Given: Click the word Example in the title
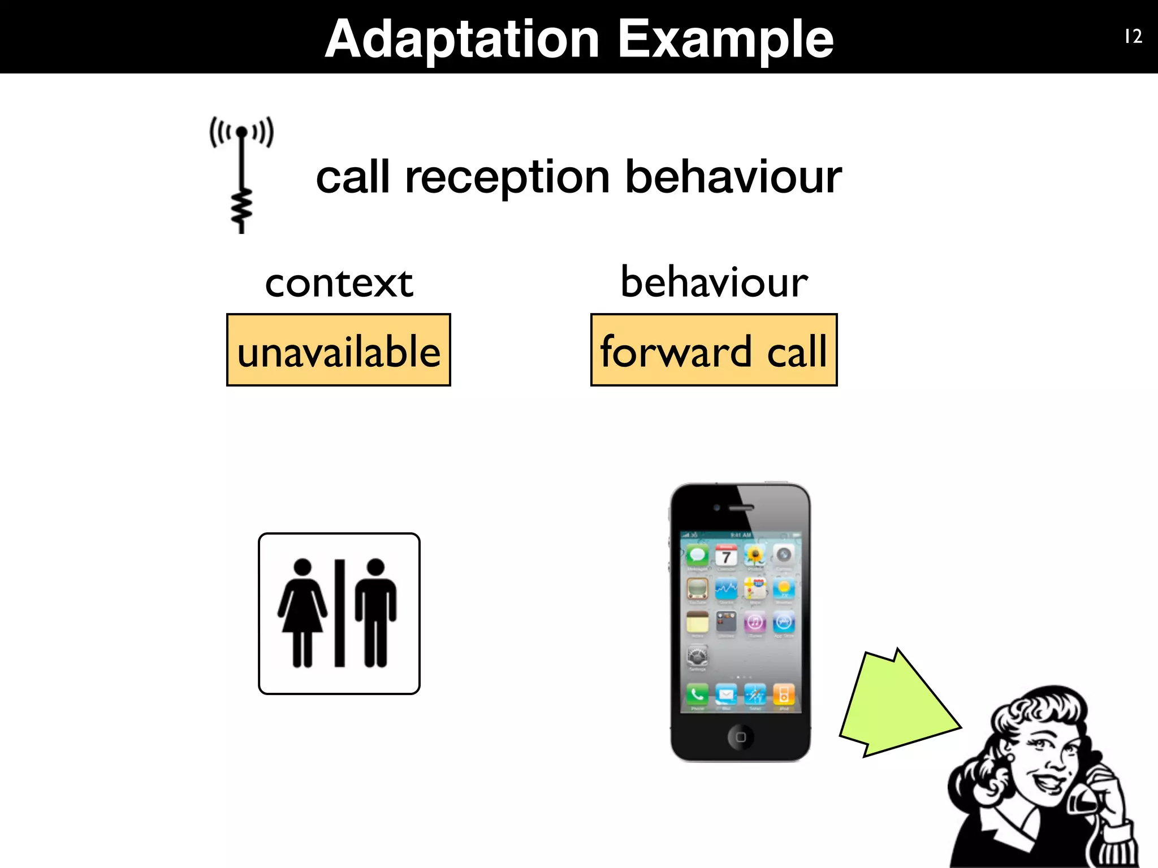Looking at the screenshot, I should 725,40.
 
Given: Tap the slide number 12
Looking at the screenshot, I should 1133,37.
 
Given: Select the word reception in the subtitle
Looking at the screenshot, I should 507,177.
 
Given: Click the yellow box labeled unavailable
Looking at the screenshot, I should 339,350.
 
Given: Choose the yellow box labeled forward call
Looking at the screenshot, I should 714,350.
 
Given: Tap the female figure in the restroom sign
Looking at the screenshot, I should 303,613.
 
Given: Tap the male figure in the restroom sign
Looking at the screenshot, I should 375,613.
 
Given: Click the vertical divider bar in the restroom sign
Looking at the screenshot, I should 339,613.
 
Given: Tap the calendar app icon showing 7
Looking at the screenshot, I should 726,555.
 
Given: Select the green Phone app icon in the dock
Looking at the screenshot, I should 697,694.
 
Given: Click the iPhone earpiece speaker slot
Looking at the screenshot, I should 741,507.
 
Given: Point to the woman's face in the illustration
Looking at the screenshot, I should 1046,757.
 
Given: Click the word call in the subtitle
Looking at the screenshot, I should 353,177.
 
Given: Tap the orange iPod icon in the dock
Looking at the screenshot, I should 784,694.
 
